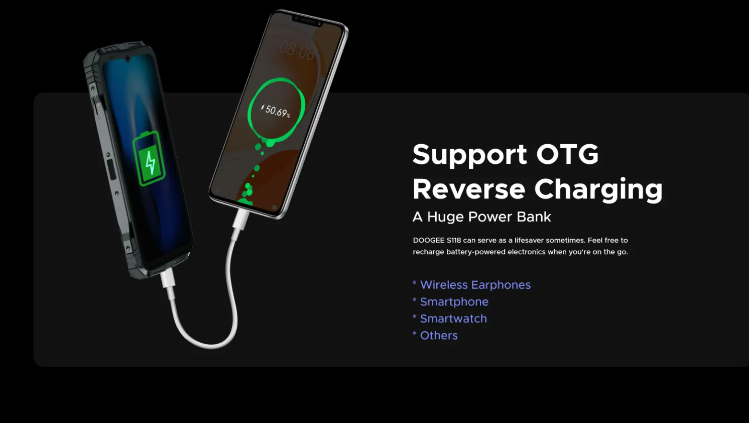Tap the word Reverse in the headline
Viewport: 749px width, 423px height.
pos(469,189)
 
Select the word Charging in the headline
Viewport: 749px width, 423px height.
pos(598,190)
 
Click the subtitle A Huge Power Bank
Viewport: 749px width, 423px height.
pos(481,217)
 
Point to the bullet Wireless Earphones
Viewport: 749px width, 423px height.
pos(475,285)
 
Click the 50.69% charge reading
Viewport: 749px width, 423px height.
pos(276,111)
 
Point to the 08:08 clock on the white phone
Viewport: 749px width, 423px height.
pos(297,51)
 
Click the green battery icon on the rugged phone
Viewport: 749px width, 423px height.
pos(149,158)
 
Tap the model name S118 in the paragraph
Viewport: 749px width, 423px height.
pos(454,240)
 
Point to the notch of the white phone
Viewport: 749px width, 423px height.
pos(307,21)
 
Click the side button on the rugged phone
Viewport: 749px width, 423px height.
pos(111,170)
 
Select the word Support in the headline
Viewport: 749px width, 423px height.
pos(470,155)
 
